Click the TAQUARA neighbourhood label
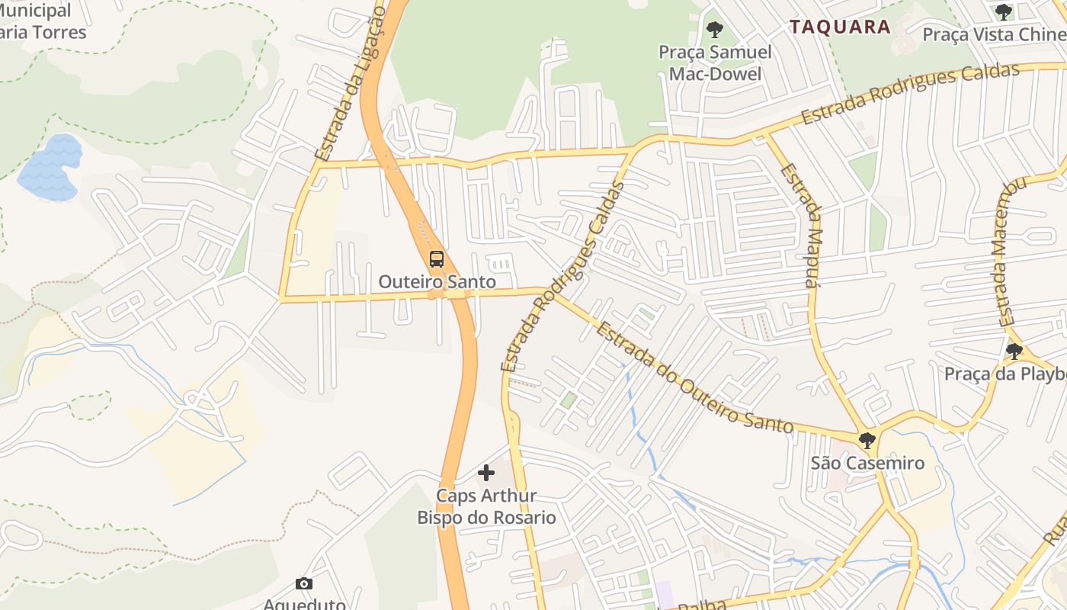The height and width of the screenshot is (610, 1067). point(840,27)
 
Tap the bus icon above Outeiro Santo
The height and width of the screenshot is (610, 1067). point(436,259)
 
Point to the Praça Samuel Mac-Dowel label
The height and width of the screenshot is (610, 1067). point(715,63)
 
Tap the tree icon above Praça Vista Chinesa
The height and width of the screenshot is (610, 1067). point(1004,12)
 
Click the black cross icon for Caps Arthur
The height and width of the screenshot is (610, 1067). point(485,473)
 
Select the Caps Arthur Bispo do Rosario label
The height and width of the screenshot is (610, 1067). point(486,507)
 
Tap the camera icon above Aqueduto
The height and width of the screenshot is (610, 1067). point(304,584)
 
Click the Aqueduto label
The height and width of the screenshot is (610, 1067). point(304,604)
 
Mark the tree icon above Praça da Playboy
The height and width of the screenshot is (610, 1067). point(1014,352)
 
